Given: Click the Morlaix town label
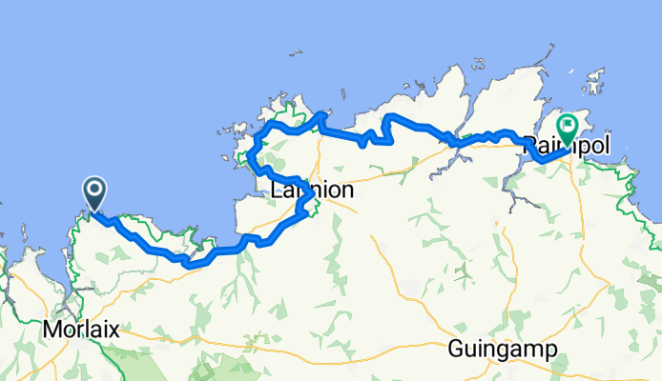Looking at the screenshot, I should tap(81, 330).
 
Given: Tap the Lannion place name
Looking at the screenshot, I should tap(312, 190).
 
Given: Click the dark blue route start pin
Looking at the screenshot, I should tap(96, 193).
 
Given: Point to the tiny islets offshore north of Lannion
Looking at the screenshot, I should tap(283, 97).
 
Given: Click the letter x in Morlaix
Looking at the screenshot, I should tap(114, 330).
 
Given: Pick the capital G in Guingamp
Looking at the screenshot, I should tap(455, 349).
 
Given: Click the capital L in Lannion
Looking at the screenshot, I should tap(278, 190).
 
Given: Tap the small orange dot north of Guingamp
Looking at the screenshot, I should tap(495, 225).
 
